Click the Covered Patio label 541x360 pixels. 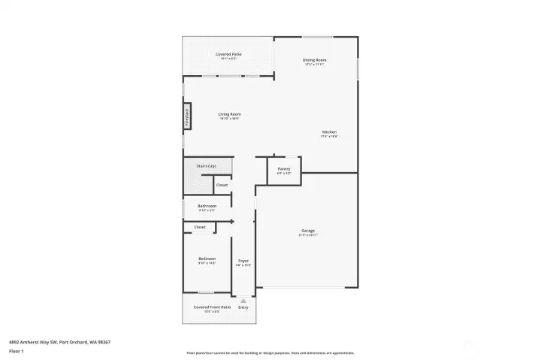[228, 54]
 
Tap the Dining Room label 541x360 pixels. [315, 59]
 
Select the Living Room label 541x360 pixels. [229, 114]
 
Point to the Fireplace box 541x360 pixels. [187, 119]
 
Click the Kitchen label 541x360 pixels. [329, 132]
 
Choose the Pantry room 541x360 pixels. [284, 169]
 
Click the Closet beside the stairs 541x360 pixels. [222, 185]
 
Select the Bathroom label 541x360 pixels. [207, 206]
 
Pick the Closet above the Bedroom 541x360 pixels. [200, 226]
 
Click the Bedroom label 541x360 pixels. [207, 259]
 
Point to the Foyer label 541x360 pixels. [243, 260]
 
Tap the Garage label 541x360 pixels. [308, 231]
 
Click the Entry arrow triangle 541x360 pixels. [243, 300]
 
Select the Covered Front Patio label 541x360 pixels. [207, 307]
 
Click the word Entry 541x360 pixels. [243, 307]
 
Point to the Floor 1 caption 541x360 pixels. [16, 351]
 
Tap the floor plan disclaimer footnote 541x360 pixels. [270, 352]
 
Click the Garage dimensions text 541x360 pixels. [308, 235]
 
